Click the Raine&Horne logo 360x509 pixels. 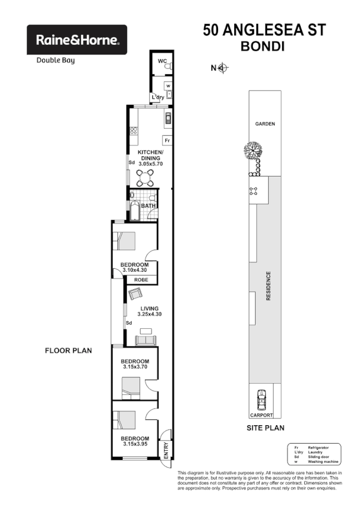tap(77, 40)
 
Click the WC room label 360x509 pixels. tap(161, 62)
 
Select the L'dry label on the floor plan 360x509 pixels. tap(158, 97)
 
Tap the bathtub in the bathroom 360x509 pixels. tap(135, 211)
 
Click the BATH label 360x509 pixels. tap(149, 206)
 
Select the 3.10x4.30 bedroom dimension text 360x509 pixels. tap(134, 270)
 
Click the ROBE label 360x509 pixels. tap(141, 280)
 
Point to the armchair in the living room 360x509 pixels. tap(135, 293)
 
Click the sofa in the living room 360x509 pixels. tap(146, 341)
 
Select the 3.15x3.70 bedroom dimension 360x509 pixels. tap(134, 368)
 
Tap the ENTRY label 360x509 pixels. tap(166, 451)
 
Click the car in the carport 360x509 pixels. tap(261, 399)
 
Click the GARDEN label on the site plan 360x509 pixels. tap(265, 124)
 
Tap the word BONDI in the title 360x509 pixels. tap(264, 46)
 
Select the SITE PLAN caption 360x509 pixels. tap(265, 428)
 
